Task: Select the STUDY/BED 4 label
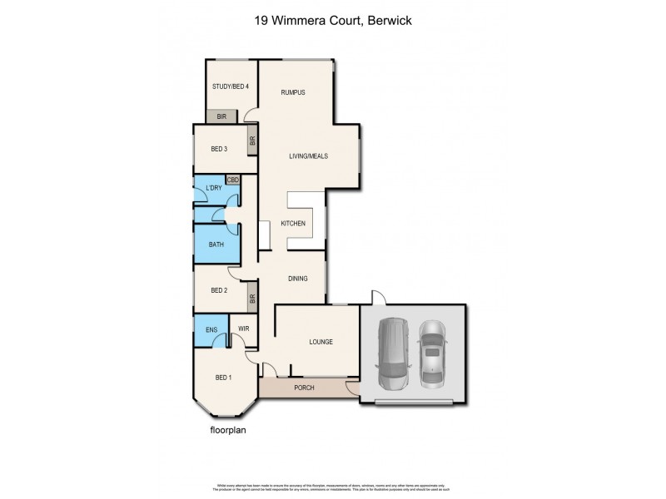point(230,86)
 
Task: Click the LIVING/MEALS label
point(308,156)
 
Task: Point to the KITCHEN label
point(293,224)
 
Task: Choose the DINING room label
point(298,279)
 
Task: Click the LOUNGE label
point(321,342)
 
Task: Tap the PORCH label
point(305,388)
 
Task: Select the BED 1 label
point(222,378)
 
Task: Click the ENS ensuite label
point(211,329)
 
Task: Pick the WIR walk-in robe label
point(244,329)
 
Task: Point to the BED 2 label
point(219,290)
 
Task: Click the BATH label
point(216,245)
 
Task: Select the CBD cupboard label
point(233,179)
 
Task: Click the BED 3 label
point(219,149)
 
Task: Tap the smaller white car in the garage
point(432,353)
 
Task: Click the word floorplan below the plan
point(228,432)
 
